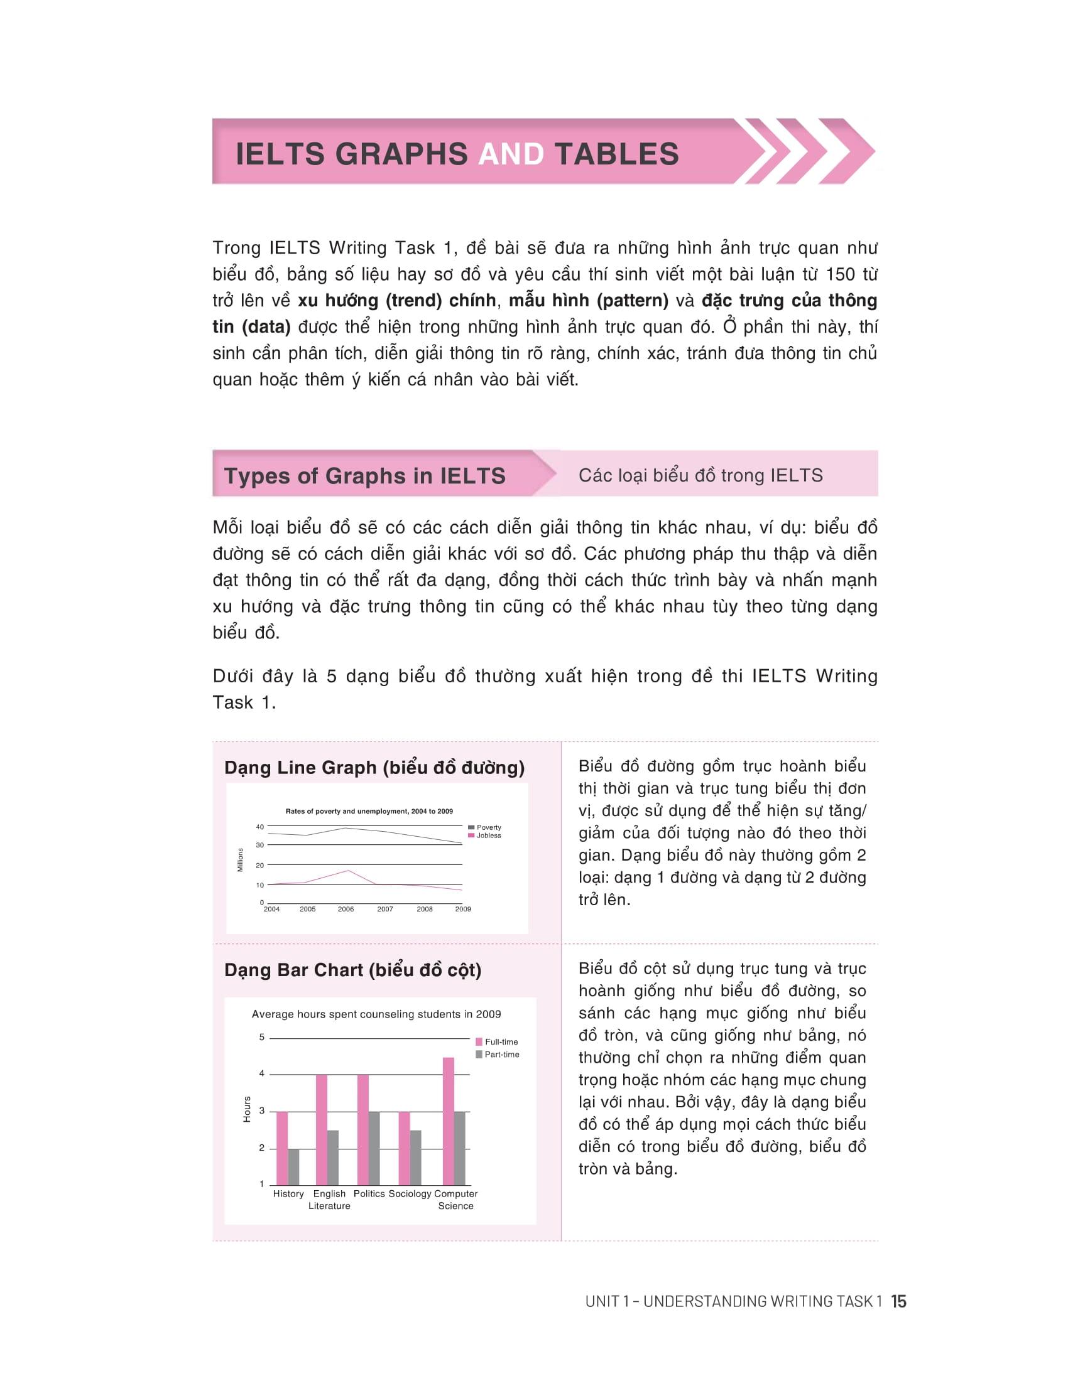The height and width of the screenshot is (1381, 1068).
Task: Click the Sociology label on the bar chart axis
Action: (410, 1194)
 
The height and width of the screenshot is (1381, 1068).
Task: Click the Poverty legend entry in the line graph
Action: (488, 827)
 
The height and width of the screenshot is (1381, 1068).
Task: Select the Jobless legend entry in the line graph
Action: (488, 836)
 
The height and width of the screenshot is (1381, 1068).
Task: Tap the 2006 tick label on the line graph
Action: (346, 910)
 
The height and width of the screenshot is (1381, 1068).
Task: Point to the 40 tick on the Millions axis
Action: (260, 827)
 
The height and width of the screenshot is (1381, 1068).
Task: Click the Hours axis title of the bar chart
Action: (248, 1110)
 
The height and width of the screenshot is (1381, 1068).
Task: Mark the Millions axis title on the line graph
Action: (241, 860)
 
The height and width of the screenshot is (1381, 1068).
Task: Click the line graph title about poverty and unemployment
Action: (369, 811)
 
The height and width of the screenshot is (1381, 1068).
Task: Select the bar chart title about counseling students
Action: (376, 1014)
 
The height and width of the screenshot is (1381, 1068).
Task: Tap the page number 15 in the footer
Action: (898, 1301)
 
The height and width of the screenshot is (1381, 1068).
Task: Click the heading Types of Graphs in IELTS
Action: (364, 476)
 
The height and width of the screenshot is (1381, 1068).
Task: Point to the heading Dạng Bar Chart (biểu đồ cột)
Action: (352, 970)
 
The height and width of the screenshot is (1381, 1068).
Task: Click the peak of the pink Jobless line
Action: (348, 871)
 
